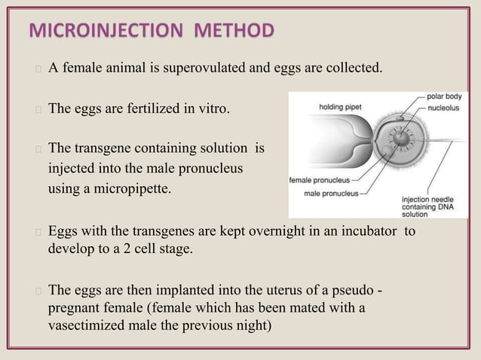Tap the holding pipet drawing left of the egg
[x=332, y=139]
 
